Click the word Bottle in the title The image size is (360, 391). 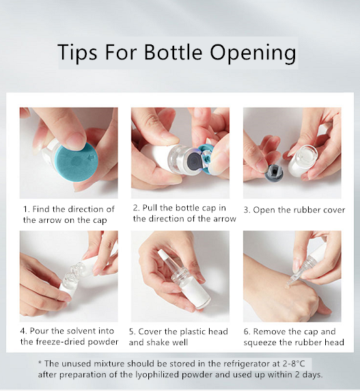[x=173, y=52]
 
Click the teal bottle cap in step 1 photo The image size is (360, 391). [x=77, y=161]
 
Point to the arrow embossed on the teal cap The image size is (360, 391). [x=92, y=158]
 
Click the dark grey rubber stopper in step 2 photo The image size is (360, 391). [x=193, y=159]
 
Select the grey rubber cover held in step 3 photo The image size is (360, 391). [x=274, y=172]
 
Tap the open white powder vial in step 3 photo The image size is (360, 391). [x=302, y=160]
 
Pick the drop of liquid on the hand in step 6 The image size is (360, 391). [x=288, y=286]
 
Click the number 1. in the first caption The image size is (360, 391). [x=27, y=209]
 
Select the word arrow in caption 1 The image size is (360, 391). [x=49, y=220]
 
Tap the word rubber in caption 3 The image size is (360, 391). [x=307, y=210]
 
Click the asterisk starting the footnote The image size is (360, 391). [x=40, y=362]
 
